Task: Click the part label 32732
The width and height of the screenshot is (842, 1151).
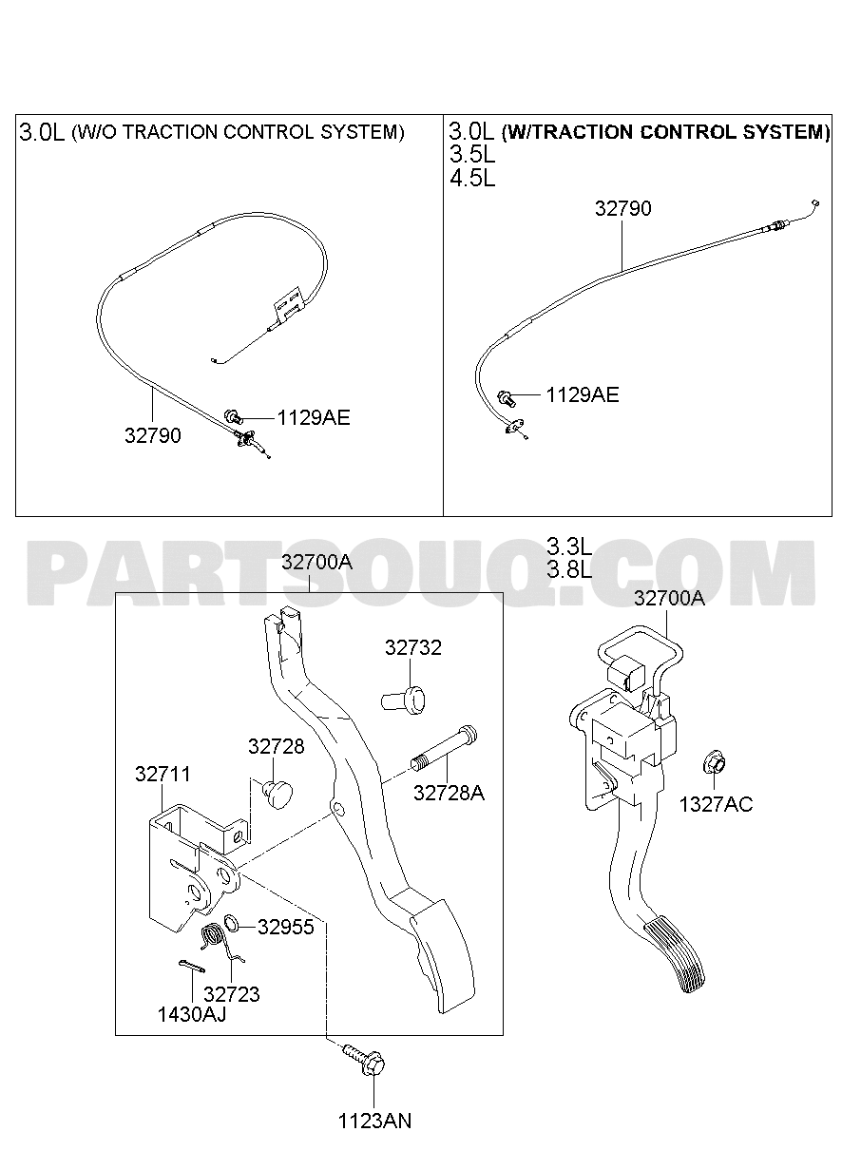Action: (x=413, y=647)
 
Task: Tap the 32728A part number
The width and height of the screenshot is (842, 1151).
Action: (x=449, y=793)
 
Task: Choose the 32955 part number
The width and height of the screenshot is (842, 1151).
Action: (x=286, y=927)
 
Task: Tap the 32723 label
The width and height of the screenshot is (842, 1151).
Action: (x=232, y=994)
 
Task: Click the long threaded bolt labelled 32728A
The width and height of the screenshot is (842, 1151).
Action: (x=444, y=748)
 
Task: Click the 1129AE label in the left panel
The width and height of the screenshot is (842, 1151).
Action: (x=314, y=418)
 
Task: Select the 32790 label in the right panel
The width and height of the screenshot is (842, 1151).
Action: (x=622, y=208)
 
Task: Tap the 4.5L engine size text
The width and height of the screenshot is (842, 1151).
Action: (x=472, y=179)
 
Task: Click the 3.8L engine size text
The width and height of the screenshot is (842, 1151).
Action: (x=569, y=569)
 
